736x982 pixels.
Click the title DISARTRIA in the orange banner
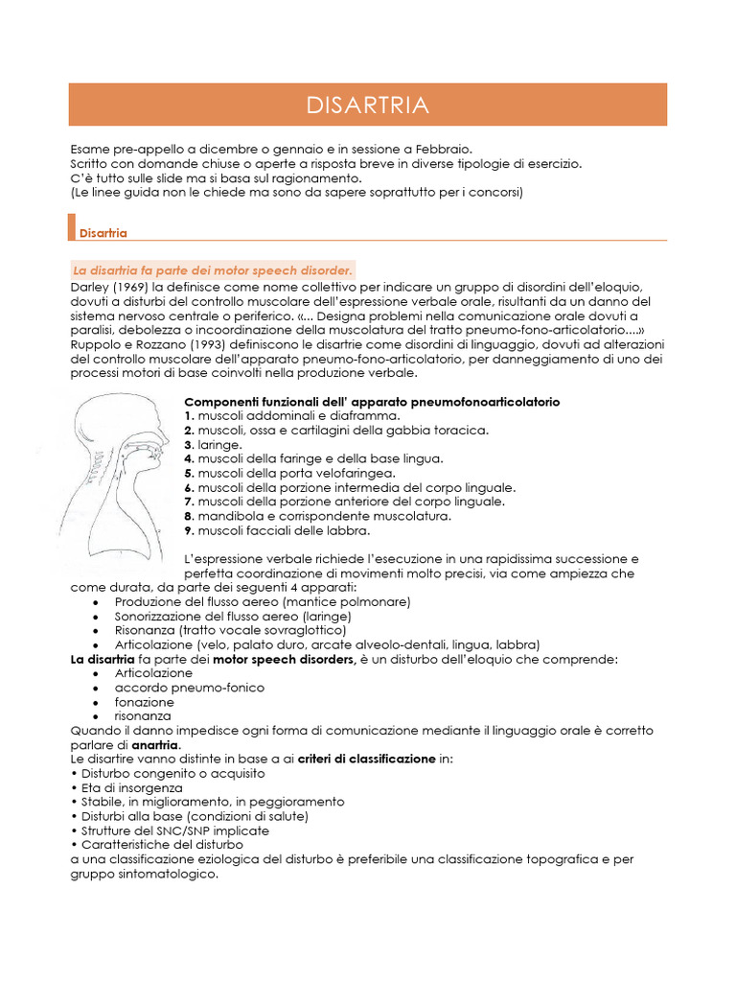(367, 105)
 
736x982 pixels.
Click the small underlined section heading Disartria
(103, 233)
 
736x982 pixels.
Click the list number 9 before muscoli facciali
(189, 530)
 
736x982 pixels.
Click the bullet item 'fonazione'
(144, 702)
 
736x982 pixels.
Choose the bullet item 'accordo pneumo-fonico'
(189, 688)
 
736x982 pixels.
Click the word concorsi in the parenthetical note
(494, 192)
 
